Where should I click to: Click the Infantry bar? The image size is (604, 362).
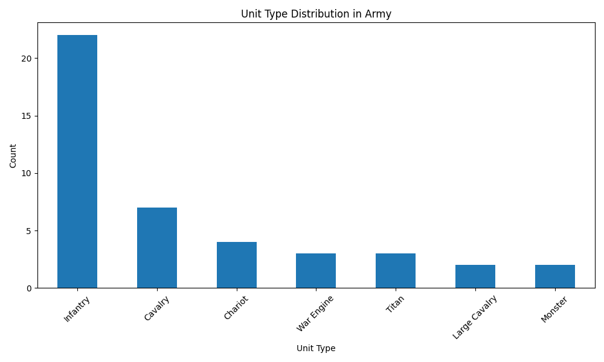coord(77,162)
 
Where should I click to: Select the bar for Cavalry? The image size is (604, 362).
coord(157,248)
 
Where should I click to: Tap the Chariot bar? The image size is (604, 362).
coord(237,265)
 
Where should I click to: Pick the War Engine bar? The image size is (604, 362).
coord(316,271)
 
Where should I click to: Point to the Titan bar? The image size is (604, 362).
coord(396,271)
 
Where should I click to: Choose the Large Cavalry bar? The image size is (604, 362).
coord(475,276)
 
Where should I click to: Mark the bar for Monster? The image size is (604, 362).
coord(555,276)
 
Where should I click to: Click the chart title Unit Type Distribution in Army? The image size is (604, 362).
coord(316,14)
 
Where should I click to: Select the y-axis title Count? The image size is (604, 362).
coord(13,156)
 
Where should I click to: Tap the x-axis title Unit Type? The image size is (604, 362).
coord(316,348)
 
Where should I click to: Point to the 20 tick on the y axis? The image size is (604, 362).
coord(27,59)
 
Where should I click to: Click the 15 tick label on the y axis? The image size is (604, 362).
coord(27,116)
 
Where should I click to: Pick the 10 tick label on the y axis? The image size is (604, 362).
coord(27,173)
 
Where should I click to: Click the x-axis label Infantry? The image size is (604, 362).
coord(77,308)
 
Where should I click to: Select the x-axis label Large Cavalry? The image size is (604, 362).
coord(475,317)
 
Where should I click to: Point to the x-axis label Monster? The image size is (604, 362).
coord(554,309)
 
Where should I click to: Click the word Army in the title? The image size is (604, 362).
coord(379,14)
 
